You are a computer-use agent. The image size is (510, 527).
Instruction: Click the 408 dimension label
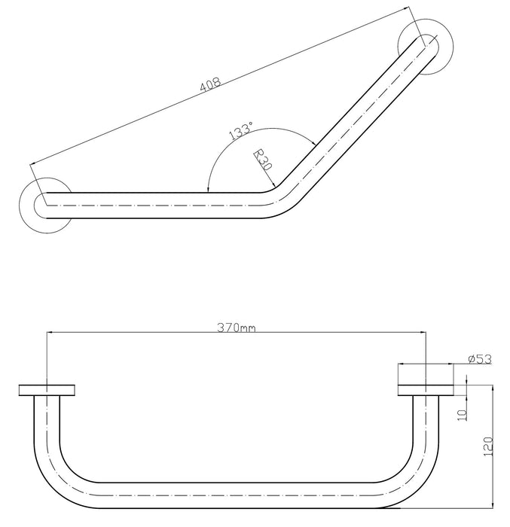[x=210, y=84]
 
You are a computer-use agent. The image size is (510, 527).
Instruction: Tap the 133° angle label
[x=240, y=133]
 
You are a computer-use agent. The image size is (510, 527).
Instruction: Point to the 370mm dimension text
[x=236, y=327]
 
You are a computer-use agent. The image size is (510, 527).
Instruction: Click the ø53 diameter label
[x=479, y=359]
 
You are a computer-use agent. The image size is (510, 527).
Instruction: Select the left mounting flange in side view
[x=47, y=389]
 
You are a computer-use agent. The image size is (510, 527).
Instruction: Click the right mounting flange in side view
[x=425, y=389]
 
